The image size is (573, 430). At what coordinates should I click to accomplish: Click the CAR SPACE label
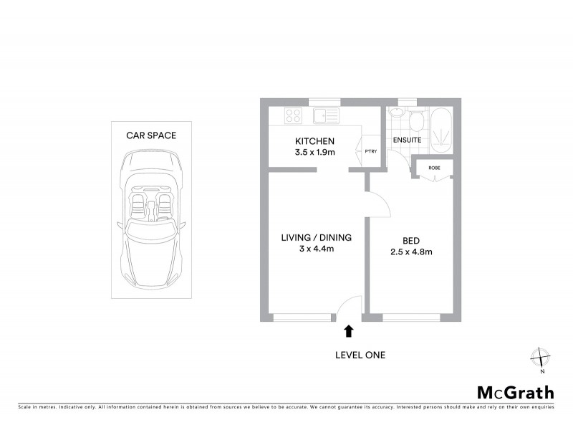coord(151,135)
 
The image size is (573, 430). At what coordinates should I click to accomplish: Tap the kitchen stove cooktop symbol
coord(293,115)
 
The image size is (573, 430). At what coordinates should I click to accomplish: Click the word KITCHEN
coord(316,141)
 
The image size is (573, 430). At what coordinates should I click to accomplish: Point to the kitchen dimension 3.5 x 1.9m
coord(316,152)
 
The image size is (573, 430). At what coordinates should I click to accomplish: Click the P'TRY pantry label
coord(370,151)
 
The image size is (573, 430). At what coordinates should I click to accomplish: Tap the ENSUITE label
coord(407,140)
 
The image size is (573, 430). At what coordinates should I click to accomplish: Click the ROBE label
coord(434,168)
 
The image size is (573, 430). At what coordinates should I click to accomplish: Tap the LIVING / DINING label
coord(316,238)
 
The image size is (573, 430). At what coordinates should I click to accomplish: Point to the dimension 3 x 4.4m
coord(316,249)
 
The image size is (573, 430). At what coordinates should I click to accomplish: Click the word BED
coord(411,240)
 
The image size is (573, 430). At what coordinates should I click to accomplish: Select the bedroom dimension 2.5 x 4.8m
coord(411,252)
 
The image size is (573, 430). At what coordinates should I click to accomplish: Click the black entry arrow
coord(349,330)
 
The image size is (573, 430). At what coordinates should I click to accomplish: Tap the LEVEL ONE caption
coord(360,355)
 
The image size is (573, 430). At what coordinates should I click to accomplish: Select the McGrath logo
coord(516,392)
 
